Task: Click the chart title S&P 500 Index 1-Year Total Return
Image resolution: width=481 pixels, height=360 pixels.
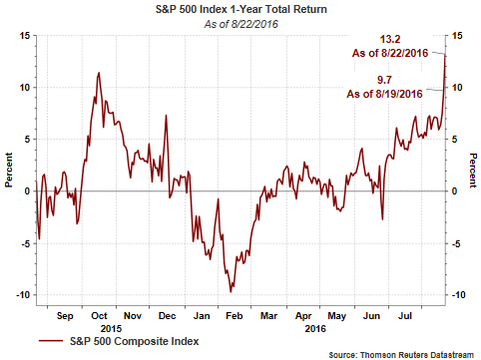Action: (241, 9)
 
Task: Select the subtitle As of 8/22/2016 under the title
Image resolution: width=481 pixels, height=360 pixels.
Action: (241, 24)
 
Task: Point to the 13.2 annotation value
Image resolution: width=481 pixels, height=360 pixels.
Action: (390, 39)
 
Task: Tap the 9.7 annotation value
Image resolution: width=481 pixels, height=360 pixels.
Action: (384, 80)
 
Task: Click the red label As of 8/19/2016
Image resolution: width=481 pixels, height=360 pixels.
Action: (384, 94)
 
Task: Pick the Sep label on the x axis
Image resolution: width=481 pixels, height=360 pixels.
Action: (65, 316)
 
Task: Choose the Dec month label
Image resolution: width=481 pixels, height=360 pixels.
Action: (167, 316)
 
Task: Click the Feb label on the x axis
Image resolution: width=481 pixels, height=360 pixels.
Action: (235, 316)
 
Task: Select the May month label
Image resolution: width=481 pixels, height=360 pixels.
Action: (337, 316)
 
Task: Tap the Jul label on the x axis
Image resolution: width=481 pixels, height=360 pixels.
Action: (405, 316)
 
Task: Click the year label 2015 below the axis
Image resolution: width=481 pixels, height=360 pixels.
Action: (111, 329)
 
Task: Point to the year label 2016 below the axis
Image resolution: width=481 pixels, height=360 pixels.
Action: (315, 329)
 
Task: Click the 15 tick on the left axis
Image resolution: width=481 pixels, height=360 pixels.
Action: (24, 35)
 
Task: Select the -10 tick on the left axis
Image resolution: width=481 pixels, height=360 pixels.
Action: (23, 295)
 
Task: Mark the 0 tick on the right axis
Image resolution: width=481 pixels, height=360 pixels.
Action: (455, 191)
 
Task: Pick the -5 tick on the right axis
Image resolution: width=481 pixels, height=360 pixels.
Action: (456, 243)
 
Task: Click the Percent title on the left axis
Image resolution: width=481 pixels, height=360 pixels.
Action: (9, 170)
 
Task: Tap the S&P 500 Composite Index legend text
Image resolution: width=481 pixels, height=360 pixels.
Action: (135, 341)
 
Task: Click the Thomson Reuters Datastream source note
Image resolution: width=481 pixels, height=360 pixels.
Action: (401, 355)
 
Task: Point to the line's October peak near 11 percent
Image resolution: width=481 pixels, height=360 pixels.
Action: (99, 73)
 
